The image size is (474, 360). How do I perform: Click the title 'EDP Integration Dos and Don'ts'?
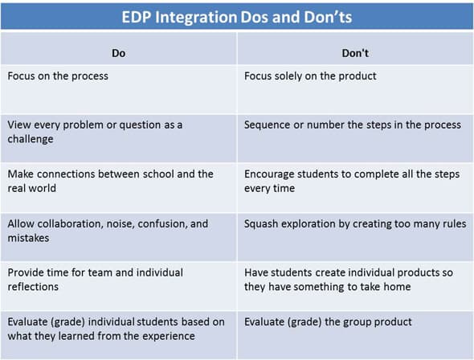coord(236,16)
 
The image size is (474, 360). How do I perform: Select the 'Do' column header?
coord(117,52)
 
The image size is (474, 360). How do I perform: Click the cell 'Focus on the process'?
coord(58,76)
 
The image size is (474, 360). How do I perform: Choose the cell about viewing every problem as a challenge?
coord(95,131)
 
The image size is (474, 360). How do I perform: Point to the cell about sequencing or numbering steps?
coord(353,125)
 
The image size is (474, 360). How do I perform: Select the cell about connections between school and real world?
coord(110,181)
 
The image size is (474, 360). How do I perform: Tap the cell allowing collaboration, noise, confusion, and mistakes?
coord(108,231)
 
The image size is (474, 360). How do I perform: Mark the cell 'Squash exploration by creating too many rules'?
coord(355,224)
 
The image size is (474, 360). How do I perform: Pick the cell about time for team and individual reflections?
coord(95,280)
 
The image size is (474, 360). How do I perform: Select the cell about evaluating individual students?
coord(116,329)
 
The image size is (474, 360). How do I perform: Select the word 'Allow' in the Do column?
coord(22,224)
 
